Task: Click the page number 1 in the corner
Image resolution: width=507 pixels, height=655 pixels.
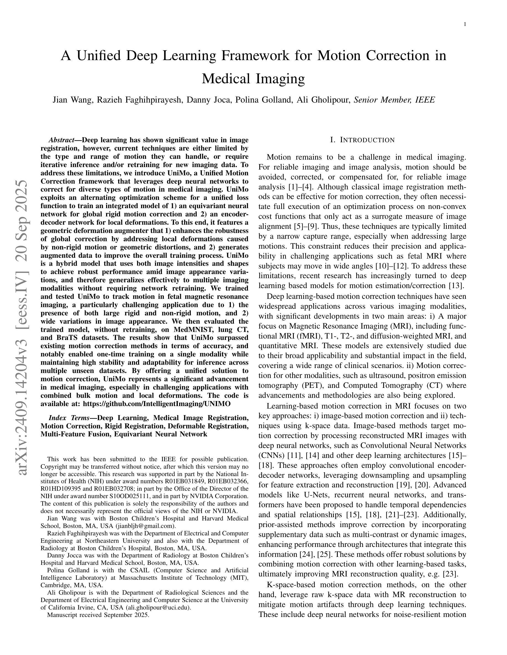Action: point(465,25)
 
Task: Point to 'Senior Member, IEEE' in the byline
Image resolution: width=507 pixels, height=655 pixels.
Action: point(394,100)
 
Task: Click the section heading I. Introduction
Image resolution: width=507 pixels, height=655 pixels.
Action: point(362,140)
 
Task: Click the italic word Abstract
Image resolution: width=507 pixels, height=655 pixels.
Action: point(61,140)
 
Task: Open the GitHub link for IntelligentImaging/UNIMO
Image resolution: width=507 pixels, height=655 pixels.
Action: point(157,404)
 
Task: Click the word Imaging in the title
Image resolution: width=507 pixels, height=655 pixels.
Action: point(280,79)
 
